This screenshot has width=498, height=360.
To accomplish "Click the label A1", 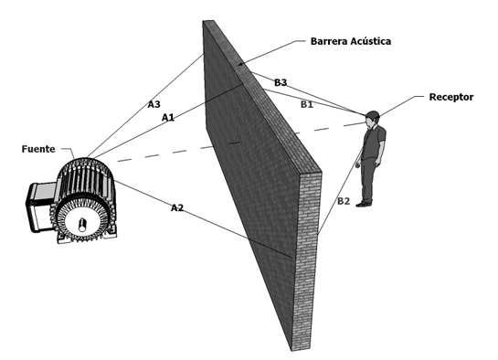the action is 168,118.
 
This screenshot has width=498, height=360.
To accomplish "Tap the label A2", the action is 177,207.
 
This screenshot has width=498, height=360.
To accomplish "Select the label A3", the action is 154,104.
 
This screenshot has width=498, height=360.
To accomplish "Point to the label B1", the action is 307,104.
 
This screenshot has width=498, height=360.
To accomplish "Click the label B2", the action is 344,201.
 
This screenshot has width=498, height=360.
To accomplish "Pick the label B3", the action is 281,82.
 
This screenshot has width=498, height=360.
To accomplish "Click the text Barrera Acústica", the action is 351,41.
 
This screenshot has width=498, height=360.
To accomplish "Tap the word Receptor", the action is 451,97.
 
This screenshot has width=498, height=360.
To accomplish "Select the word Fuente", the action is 38,149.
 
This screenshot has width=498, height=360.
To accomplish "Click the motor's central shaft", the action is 82,225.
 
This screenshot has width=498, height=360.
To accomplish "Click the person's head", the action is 372,119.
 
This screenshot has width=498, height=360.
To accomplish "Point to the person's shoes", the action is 365,203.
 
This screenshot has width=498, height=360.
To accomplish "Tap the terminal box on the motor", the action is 41,206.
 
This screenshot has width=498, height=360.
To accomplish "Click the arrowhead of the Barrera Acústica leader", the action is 241,64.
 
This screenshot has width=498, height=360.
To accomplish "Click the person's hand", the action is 358,165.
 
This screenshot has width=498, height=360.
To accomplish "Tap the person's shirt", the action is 374,142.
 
